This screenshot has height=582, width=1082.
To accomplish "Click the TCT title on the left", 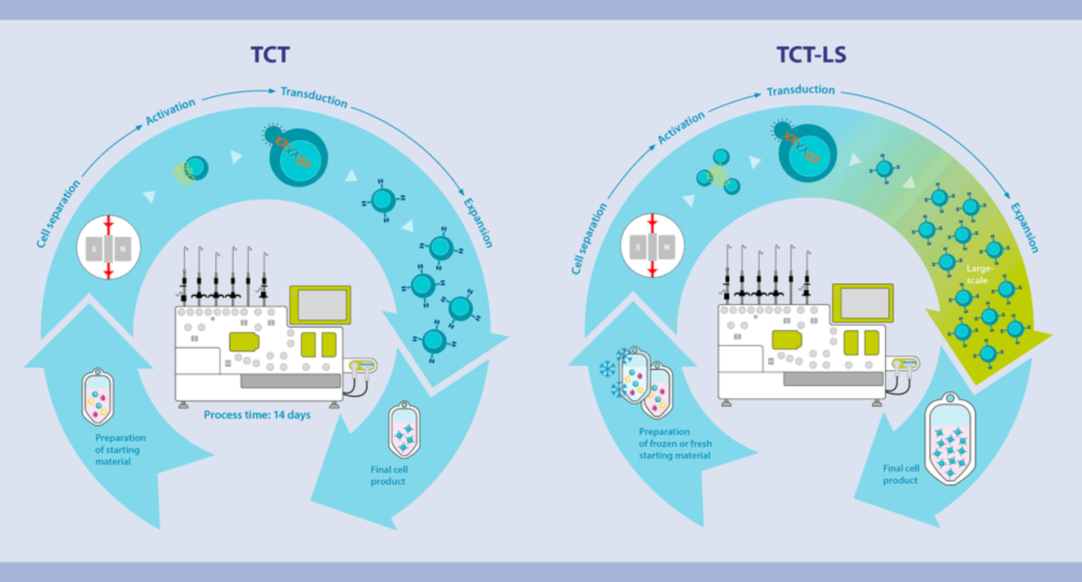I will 270,55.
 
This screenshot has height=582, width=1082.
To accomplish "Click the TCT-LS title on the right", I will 811,55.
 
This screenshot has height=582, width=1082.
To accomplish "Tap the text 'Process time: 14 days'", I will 257,415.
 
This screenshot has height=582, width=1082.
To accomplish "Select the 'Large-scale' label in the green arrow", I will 979,274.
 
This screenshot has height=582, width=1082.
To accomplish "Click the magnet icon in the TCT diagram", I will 108,247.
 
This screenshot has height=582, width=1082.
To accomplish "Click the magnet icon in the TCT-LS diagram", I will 652,246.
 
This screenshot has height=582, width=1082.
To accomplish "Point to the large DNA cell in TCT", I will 298,158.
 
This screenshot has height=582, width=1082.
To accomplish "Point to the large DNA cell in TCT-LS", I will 807,153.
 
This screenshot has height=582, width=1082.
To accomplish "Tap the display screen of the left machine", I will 321,305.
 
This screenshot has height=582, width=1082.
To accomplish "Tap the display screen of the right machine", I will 864,303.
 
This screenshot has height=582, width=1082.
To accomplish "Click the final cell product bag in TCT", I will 404,429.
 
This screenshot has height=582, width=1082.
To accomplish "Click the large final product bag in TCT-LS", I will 950,439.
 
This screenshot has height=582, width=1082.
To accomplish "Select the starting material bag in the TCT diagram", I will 97,397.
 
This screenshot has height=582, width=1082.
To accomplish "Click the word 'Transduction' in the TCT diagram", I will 314,97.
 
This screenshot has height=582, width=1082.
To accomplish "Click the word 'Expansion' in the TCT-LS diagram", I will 1024,228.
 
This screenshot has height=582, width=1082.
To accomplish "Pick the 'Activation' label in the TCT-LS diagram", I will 681,127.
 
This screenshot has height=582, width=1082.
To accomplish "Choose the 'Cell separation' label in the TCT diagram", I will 58,214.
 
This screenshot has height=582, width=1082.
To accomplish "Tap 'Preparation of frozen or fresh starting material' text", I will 675,443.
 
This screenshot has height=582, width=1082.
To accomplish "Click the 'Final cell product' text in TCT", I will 389,476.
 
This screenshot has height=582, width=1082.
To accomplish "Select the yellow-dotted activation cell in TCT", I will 192,170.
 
